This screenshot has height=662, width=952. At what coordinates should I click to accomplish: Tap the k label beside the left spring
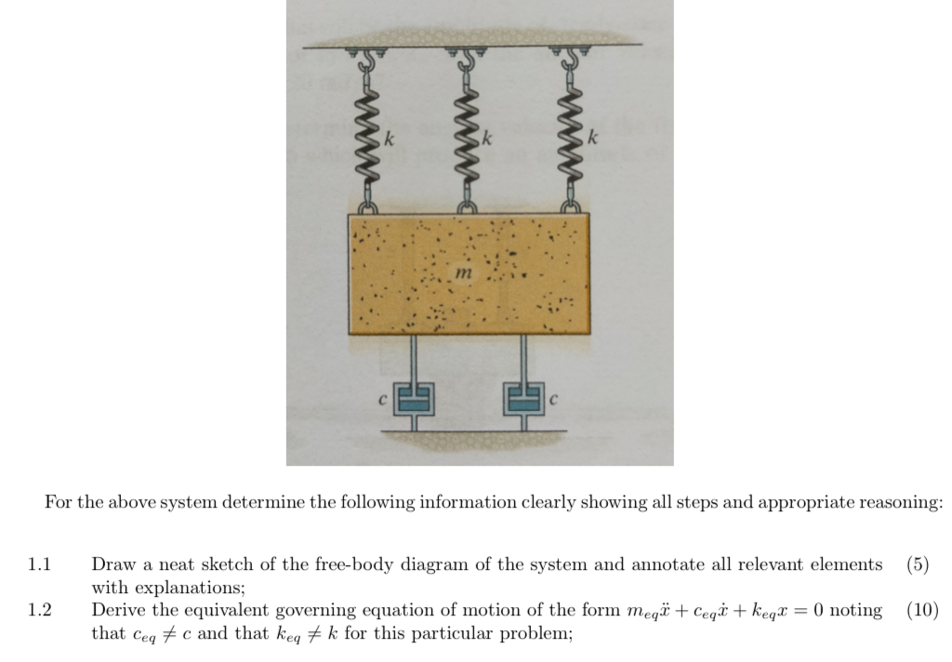click(390, 139)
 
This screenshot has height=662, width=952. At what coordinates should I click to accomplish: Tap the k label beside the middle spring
click(486, 139)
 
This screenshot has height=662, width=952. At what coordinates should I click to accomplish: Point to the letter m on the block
click(464, 274)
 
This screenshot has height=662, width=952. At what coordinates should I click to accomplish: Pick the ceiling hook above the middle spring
click(467, 62)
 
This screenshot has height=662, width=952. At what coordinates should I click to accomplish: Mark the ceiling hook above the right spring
click(571, 62)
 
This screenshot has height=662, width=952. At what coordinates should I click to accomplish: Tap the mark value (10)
click(921, 611)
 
